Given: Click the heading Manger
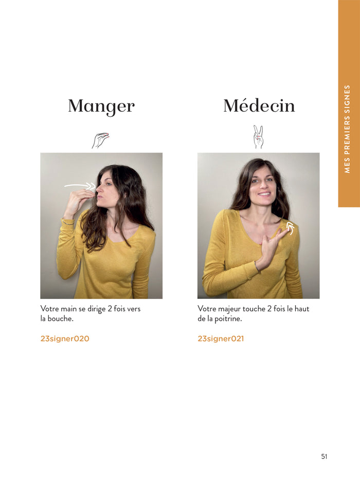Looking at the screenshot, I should (101, 106).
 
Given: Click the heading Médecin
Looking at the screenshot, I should (259, 106).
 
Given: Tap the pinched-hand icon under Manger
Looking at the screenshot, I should (101, 140).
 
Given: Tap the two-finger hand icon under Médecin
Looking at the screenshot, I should (258, 137).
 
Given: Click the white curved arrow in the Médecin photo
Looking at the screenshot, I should (291, 228).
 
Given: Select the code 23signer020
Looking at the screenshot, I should (65, 339).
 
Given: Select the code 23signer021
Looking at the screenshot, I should (221, 339).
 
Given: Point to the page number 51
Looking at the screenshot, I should (324, 456).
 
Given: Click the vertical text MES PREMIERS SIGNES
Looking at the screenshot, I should (348, 129).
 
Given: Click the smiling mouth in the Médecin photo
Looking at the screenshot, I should (264, 194).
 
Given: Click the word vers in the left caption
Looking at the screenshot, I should (133, 309).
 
